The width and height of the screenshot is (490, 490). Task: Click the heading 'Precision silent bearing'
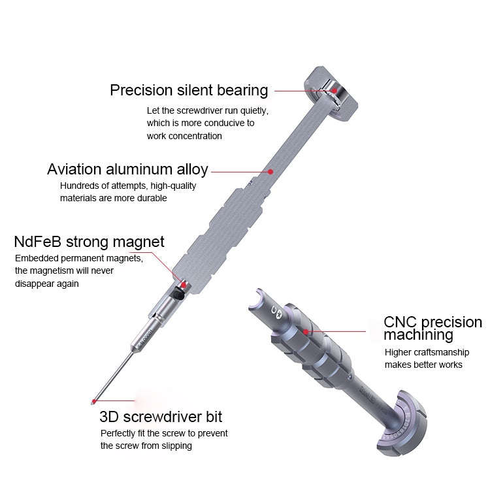pos(189,90)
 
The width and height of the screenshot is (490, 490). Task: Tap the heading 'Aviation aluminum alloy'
pos(127,170)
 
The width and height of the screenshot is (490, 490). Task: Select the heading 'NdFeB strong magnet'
pos(89,242)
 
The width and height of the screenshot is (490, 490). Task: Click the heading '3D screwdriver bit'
pos(161,416)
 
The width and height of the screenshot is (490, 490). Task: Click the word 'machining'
pos(418,336)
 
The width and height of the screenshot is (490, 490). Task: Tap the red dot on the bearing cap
pos(334,91)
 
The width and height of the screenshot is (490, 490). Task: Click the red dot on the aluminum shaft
pos(270,172)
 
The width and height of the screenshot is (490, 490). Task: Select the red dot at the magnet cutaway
pos(184,285)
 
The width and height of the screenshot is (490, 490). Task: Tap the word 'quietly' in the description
pos(252,110)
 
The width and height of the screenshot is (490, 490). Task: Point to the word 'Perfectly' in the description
pos(118,433)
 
